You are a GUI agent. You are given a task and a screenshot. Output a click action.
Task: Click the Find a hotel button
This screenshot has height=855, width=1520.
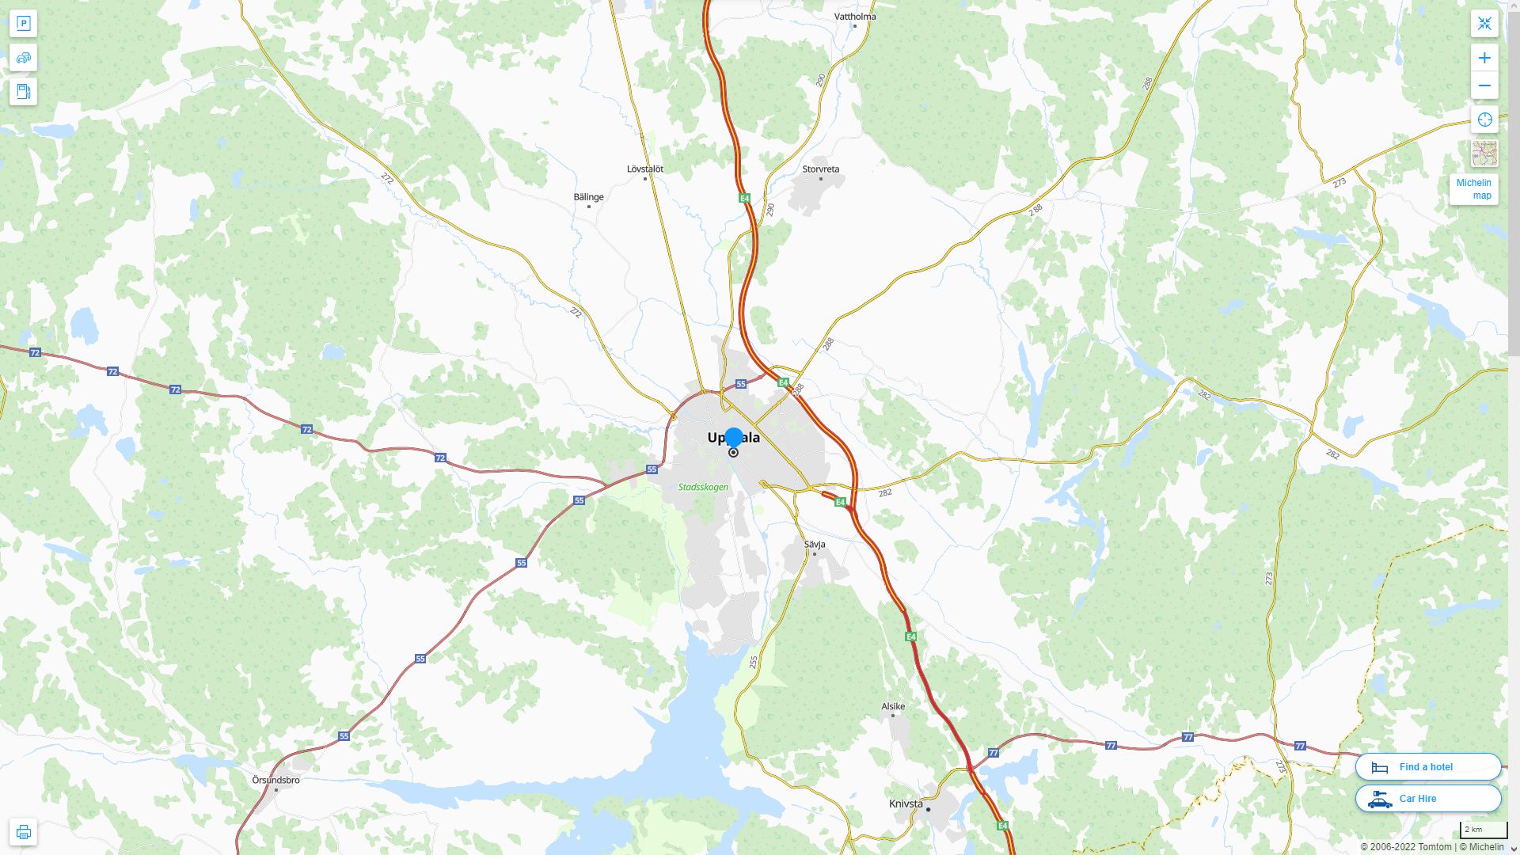pyautogui.click(x=1427, y=767)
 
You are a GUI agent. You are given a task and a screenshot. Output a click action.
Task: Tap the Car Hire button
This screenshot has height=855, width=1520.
pyautogui.click(x=1427, y=799)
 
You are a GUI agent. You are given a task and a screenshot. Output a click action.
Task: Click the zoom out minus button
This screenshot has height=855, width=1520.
pyautogui.click(x=1484, y=85)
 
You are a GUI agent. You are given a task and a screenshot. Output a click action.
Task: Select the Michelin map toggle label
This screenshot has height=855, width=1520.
pyautogui.click(x=1473, y=189)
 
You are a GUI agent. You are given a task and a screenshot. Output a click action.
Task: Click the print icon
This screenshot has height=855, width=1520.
pyautogui.click(x=24, y=832)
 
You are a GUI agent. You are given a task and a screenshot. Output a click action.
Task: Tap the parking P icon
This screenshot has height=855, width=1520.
pyautogui.click(x=24, y=24)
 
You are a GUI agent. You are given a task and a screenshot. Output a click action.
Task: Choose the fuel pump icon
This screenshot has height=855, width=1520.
pyautogui.click(x=24, y=92)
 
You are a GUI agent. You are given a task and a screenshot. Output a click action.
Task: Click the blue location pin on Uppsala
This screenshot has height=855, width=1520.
pyautogui.click(x=734, y=437)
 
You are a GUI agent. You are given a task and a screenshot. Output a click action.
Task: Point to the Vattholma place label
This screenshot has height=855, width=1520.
pyautogui.click(x=855, y=16)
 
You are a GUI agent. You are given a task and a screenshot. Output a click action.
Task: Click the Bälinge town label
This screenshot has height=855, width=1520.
pyautogui.click(x=588, y=197)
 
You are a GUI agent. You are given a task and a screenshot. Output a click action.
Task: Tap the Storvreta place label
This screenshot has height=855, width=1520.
pyautogui.click(x=820, y=169)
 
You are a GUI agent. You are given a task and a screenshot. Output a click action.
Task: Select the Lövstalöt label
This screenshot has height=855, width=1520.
pyautogui.click(x=644, y=169)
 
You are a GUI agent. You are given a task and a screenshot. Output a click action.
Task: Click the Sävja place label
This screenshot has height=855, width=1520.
pyautogui.click(x=815, y=544)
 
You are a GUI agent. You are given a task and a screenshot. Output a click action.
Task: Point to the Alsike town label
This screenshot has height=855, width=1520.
pyautogui.click(x=893, y=706)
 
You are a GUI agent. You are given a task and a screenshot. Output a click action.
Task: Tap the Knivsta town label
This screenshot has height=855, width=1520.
pyautogui.click(x=906, y=804)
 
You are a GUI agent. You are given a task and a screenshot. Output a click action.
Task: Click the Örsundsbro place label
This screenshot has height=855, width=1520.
pyautogui.click(x=275, y=780)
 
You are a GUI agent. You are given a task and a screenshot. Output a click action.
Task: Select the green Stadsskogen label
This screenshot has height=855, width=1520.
pyautogui.click(x=703, y=487)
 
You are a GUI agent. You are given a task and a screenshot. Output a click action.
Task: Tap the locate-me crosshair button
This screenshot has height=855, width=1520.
pyautogui.click(x=1484, y=120)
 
